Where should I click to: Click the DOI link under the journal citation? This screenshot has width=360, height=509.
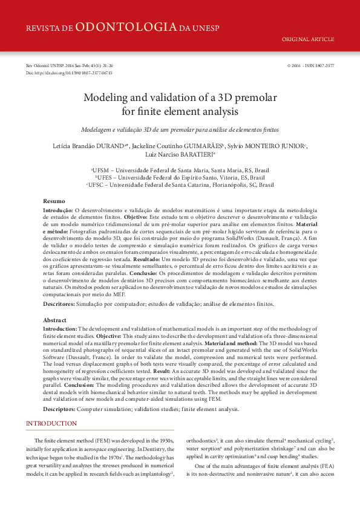point(69,73)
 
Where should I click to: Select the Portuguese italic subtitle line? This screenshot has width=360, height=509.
point(180,130)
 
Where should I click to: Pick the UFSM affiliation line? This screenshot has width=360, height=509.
point(180,171)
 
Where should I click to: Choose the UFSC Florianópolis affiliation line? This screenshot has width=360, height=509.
point(180,185)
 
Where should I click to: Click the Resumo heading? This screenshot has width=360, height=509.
point(54,201)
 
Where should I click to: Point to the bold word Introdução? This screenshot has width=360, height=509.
point(57,209)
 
